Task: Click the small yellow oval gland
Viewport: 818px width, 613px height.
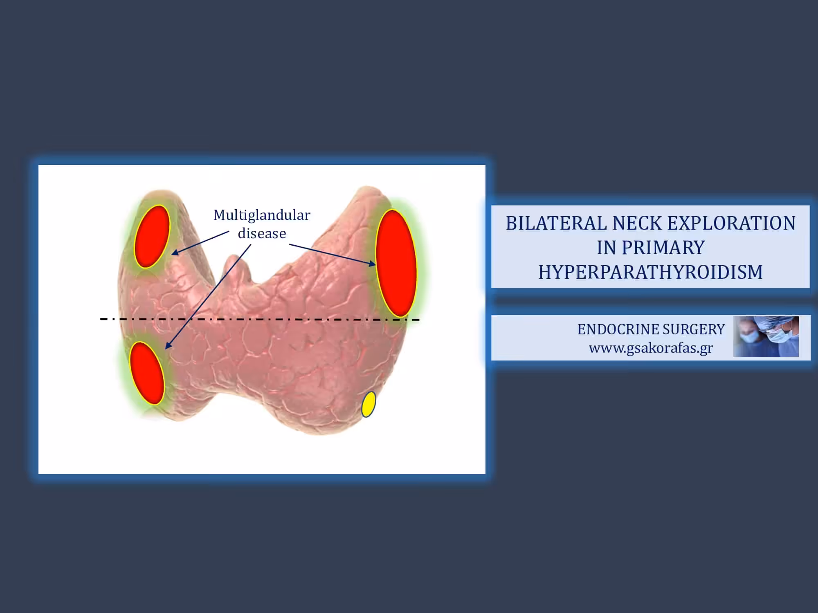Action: [369, 404]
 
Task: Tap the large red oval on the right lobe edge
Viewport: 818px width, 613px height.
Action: [396, 263]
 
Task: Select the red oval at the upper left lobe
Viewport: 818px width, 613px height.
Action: [152, 237]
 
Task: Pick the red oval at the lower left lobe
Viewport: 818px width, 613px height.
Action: [147, 373]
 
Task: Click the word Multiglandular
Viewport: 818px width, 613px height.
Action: [262, 215]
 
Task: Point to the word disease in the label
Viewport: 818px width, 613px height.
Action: [262, 233]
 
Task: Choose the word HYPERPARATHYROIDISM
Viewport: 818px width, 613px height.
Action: [650, 272]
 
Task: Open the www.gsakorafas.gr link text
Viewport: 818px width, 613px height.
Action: [651, 348]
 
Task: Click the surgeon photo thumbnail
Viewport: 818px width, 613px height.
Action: [766, 337]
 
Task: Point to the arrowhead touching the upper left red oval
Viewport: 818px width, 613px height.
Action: [175, 252]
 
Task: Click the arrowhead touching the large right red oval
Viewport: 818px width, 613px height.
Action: [371, 264]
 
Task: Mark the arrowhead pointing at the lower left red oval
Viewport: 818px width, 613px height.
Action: [168, 345]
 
